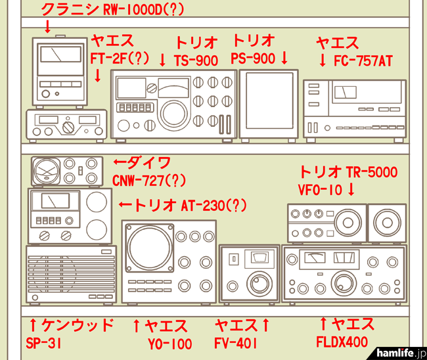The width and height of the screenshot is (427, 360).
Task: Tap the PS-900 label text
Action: (254, 58)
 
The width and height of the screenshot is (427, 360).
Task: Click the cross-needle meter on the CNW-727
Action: (48, 171)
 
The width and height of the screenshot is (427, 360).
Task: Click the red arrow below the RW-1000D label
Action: (47, 27)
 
